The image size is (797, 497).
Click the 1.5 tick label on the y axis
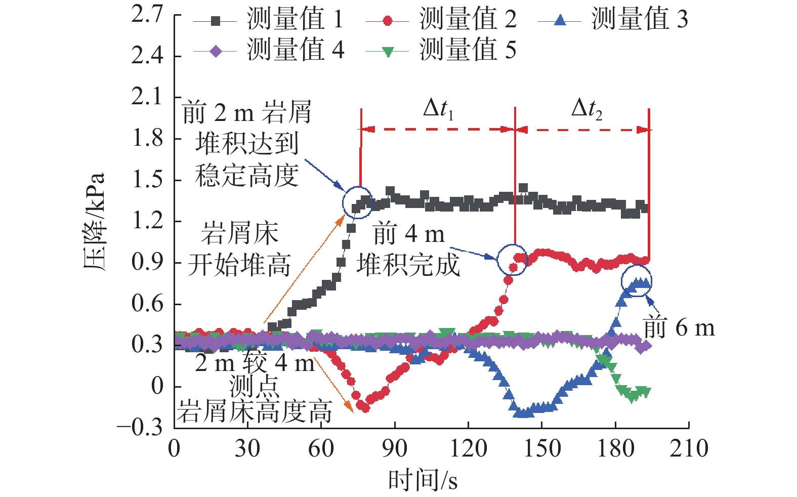(148, 180)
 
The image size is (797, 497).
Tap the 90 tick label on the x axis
(394, 448)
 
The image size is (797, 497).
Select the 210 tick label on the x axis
(689, 448)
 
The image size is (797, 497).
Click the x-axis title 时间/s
(423, 480)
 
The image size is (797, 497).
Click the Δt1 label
(438, 109)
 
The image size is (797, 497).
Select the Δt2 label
(586, 109)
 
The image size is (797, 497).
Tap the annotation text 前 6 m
(679, 328)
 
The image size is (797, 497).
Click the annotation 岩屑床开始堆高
(239, 249)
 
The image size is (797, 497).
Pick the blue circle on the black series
(357, 202)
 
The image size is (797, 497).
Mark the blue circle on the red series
(512, 260)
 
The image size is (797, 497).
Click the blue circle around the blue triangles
(637, 281)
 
